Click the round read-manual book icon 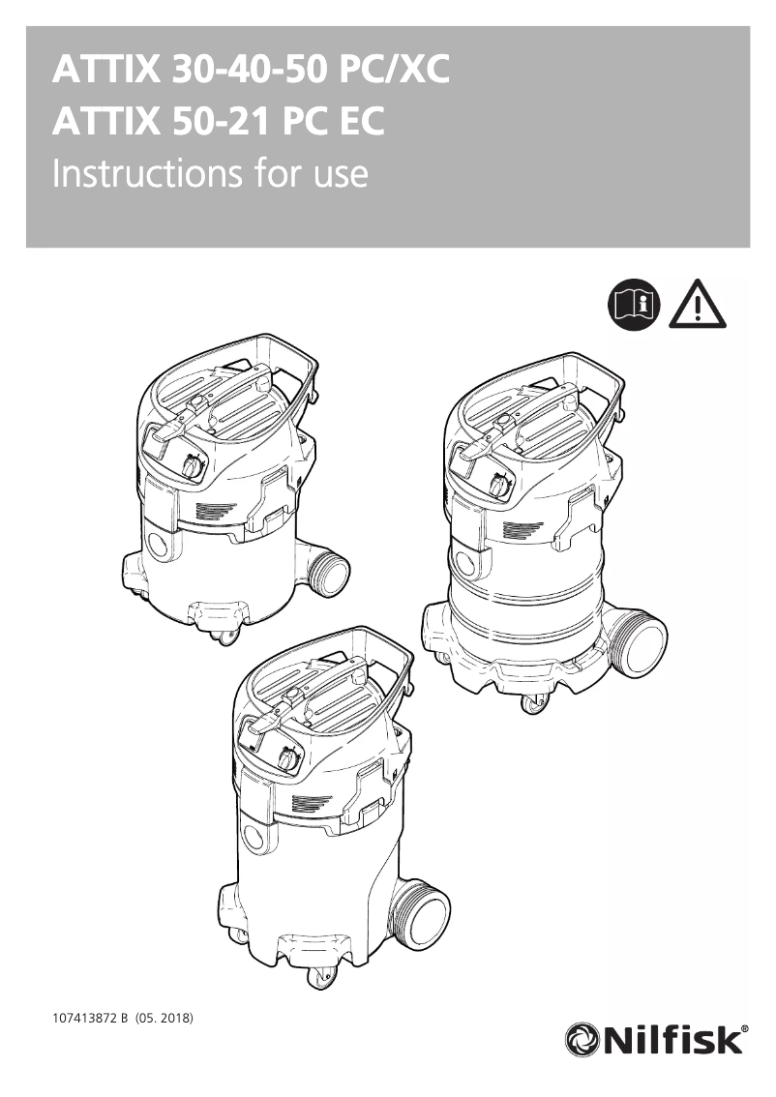click(634, 304)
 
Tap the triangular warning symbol click(696, 305)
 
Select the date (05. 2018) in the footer click(165, 1019)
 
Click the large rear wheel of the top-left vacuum click(332, 574)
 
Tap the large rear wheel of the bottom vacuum click(424, 915)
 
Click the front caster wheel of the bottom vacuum click(316, 979)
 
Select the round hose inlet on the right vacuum click(463, 565)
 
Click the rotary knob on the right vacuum click(498, 485)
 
